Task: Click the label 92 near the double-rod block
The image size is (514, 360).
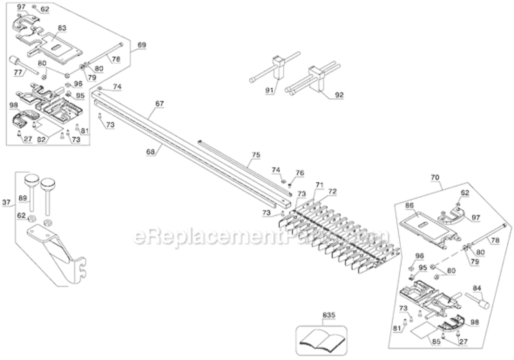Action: pos(339,95)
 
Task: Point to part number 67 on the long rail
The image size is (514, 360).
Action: pos(159,103)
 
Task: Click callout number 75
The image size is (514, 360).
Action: pos(256,155)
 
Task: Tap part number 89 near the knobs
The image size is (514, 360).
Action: pos(23,197)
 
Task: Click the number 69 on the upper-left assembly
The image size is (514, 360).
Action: pos(142,45)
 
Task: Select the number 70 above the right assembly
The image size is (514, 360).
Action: pos(435,177)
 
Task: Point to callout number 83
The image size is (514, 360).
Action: pos(61,28)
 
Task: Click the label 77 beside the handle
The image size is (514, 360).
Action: pos(17,72)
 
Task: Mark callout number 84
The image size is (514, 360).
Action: pos(478,288)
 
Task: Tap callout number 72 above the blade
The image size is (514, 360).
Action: pos(332,191)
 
